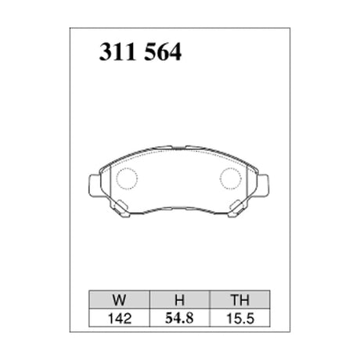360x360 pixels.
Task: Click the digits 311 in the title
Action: coord(115,53)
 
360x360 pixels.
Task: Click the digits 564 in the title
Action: coord(162,53)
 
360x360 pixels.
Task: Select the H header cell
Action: coord(178,298)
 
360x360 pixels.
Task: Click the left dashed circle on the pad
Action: coord(125,180)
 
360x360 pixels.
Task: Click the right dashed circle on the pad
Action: coord(232,180)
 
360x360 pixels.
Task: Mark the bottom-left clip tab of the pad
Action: coord(121,209)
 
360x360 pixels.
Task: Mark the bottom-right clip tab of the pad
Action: coord(236,209)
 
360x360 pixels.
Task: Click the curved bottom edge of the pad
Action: coord(178,209)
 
